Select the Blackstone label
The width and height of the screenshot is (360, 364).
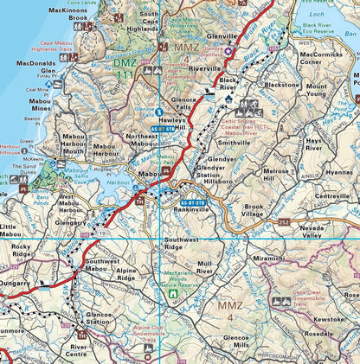282,86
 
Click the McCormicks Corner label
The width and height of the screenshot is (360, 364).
322,58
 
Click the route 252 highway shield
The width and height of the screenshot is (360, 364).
282,221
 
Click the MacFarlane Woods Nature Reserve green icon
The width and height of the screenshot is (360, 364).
173,294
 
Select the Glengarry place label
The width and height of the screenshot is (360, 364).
70,220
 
